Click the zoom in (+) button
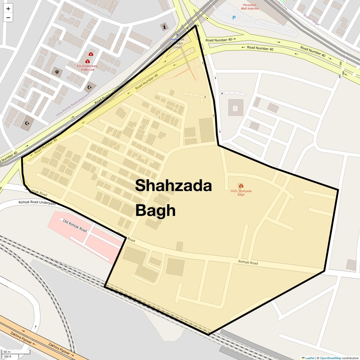pos(8,9)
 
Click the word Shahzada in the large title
pos(173,185)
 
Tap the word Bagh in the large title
pos(155,210)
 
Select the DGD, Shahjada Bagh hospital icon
pos(241,186)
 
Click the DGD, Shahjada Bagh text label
pos(241,193)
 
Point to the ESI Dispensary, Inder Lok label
pos(87,68)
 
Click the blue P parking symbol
pos(234,18)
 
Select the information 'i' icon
pos(164,27)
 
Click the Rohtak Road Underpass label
pos(37,203)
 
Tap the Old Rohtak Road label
pos(75,226)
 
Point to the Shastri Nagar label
pos(311,19)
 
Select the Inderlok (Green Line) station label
pos(177,43)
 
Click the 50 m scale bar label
pos(7,352)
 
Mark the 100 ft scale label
pos(7,356)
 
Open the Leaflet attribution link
pos(310,358)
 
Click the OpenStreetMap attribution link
pos(330,358)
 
